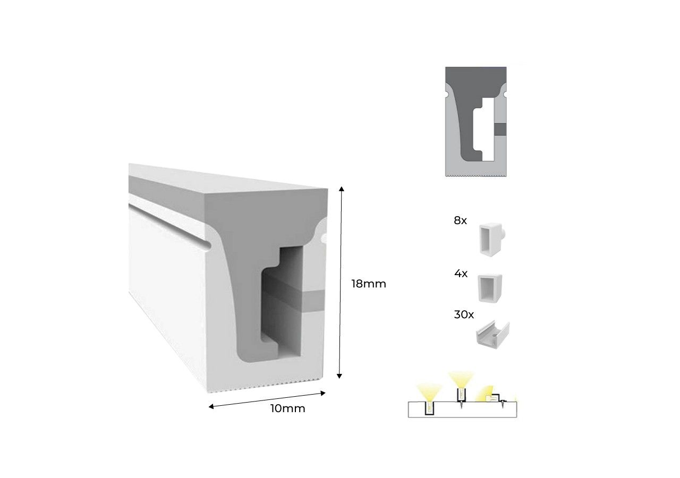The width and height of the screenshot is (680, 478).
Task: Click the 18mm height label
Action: coord(368,284)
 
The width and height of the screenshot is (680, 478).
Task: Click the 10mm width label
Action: coord(288,408)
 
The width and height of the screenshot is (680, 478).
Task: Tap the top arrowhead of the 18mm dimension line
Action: coord(341,189)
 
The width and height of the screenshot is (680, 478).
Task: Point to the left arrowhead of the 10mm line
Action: coord(211,407)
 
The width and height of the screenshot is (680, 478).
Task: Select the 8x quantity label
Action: coord(460,220)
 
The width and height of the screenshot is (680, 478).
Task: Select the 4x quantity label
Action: coord(461,274)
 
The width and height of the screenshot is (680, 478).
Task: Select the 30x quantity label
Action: coord(464,314)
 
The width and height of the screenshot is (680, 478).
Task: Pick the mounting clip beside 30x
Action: coord(491,334)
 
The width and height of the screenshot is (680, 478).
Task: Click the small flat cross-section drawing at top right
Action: coord(476,121)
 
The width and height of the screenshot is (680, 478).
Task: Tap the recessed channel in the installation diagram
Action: coord(429,408)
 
